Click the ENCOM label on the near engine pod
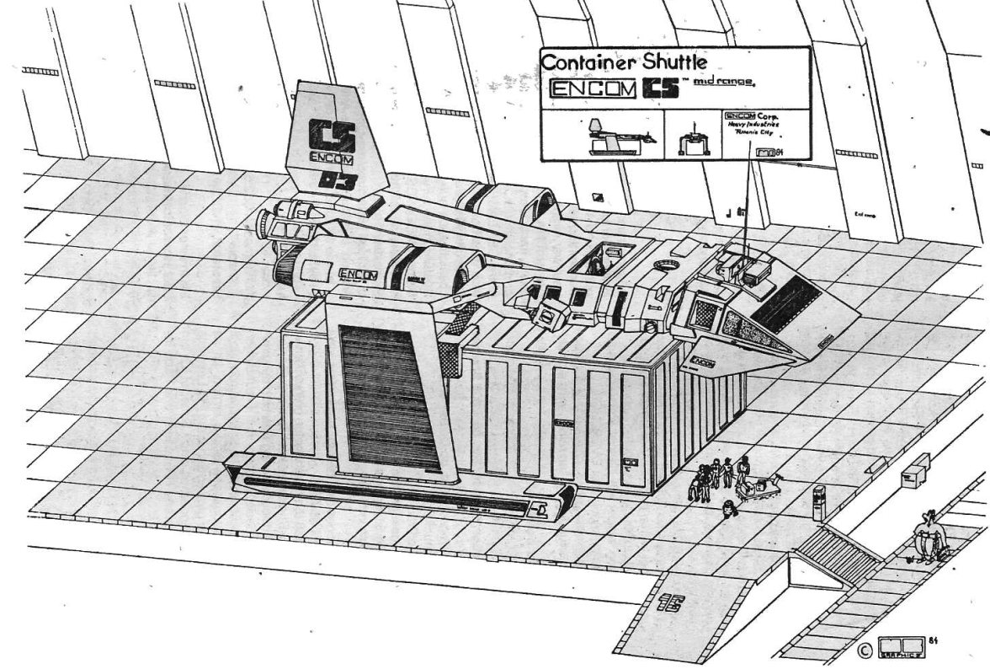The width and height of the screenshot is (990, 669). (x=358, y=274)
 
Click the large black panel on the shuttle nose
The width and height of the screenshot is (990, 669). (x=785, y=304)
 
